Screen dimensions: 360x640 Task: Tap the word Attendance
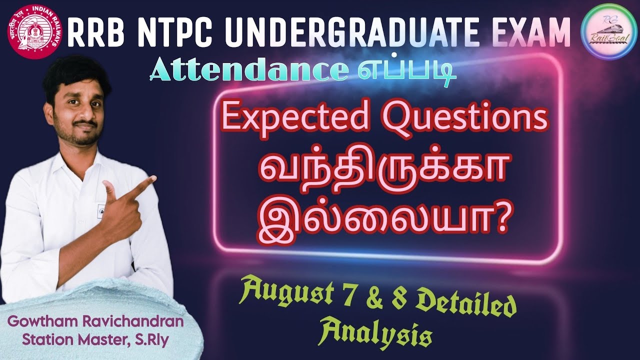coord(248,72)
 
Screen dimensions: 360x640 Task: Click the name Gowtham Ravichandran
coord(101,321)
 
